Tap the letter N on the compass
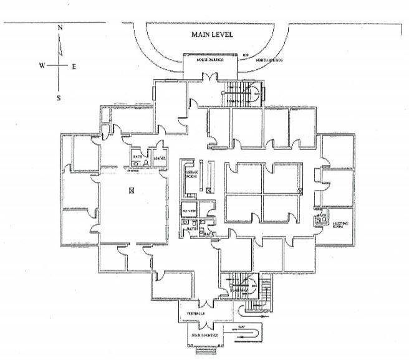point(60,28)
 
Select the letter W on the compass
point(42,65)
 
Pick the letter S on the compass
point(59,97)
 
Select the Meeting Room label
point(340,225)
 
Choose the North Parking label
point(269,60)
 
